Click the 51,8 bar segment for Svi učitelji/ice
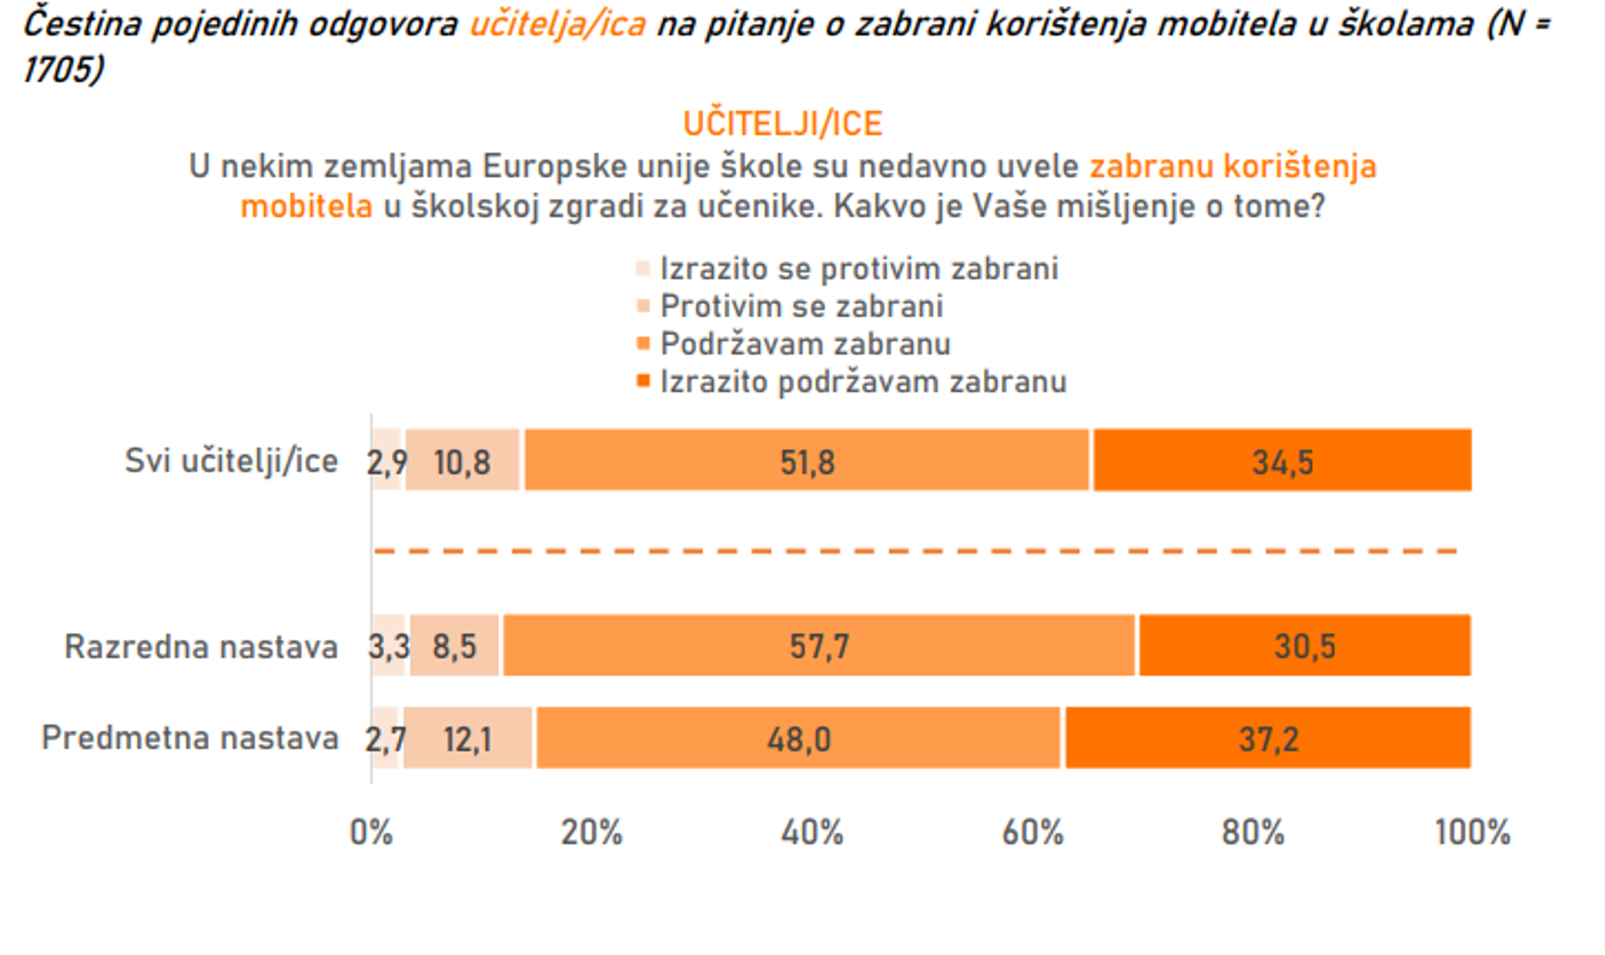tap(806, 461)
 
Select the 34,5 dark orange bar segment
tap(1282, 461)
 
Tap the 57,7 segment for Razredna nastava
tap(818, 646)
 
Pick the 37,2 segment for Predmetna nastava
tap(1268, 738)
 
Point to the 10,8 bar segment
tap(462, 461)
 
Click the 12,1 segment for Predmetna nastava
tap(467, 738)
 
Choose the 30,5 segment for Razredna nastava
tap(1304, 646)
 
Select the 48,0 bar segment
tap(798, 738)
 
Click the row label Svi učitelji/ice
tap(231, 461)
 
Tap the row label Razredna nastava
tap(201, 646)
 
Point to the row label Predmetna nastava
tap(189, 737)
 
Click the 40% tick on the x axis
tap(811, 832)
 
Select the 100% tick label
tap(1471, 832)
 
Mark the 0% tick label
tap(371, 832)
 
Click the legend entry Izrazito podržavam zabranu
tap(863, 382)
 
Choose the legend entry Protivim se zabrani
tap(801, 306)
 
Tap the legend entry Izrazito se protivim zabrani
tap(858, 269)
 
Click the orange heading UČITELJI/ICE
tap(783, 124)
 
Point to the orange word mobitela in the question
tap(307, 206)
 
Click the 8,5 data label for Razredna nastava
tap(454, 646)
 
